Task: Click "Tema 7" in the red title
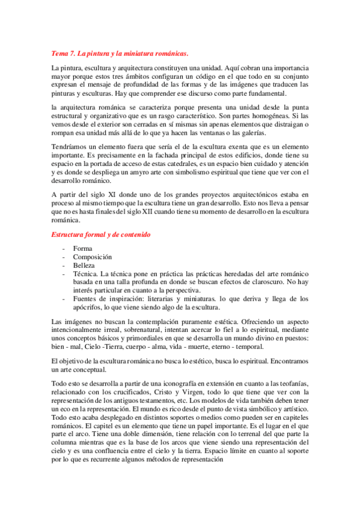point(62,54)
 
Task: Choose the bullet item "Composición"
point(93,257)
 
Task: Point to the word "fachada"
point(156,155)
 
